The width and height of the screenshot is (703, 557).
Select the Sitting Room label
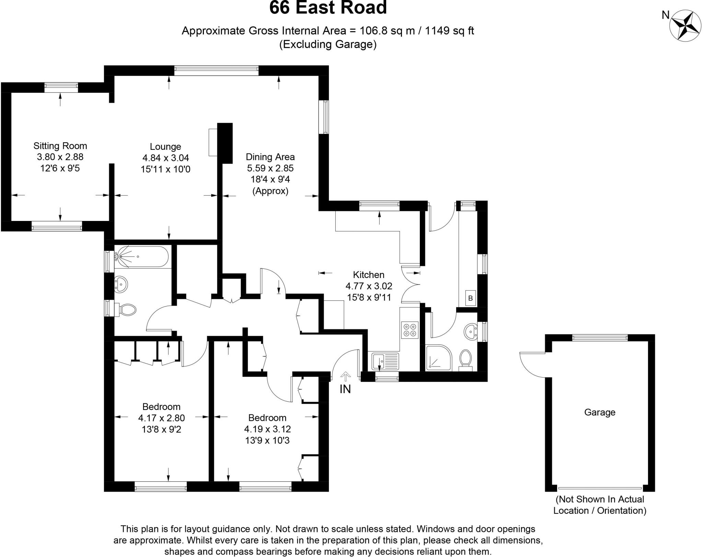pyautogui.click(x=60, y=146)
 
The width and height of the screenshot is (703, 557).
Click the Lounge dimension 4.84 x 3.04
pyautogui.click(x=165, y=158)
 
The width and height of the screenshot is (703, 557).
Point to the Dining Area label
pyautogui.click(x=270, y=157)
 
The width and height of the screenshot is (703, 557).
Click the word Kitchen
pyautogui.click(x=369, y=275)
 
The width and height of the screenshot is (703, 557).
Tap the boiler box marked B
pyautogui.click(x=470, y=298)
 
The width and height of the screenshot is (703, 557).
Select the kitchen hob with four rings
pyautogui.click(x=410, y=330)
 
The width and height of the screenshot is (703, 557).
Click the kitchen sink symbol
pyautogui.click(x=385, y=361)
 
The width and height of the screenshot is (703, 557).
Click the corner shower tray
pyautogui.click(x=438, y=358)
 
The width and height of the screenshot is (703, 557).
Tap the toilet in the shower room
pyautogui.click(x=465, y=359)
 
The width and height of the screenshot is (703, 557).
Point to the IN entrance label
pyautogui.click(x=345, y=389)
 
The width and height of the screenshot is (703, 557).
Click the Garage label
pyautogui.click(x=600, y=412)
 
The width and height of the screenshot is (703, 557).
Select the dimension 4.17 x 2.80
pyautogui.click(x=161, y=418)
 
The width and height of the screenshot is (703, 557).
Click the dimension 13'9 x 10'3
pyautogui.click(x=267, y=440)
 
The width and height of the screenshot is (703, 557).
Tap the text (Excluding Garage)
pyautogui.click(x=328, y=45)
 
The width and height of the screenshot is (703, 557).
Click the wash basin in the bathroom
pyautogui.click(x=121, y=284)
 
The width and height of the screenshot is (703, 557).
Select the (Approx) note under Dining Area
pyautogui.click(x=270, y=191)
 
